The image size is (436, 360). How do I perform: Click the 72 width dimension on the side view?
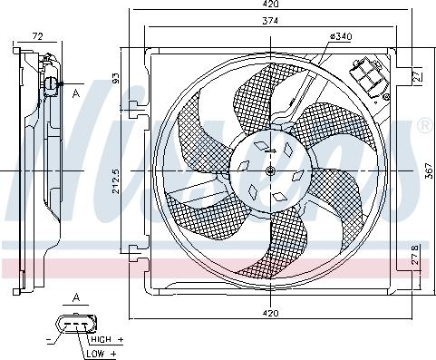tap(37, 35)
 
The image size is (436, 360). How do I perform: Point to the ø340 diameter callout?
tap(340, 36)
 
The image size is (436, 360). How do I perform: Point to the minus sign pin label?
tap(46, 340)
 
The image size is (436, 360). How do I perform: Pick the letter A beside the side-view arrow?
tap(77, 92)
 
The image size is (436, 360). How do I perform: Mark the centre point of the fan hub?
tap(271, 171)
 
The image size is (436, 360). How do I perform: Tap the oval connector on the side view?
tap(50, 87)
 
